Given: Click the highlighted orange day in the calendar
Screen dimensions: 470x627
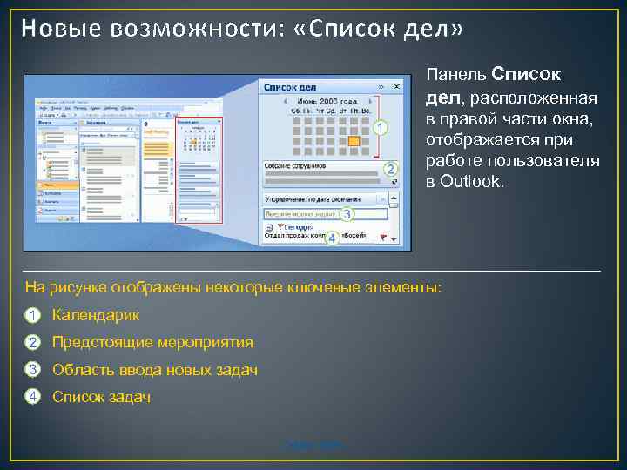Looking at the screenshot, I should coord(354,140).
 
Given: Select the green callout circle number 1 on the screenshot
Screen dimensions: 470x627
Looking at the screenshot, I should coord(381,128).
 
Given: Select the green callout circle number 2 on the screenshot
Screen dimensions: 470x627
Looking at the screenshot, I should coord(391,169).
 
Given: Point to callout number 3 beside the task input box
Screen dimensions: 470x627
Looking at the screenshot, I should coord(347,213).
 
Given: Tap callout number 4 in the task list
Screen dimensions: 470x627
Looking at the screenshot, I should coord(332,237).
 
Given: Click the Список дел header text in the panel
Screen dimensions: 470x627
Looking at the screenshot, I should coord(290,87).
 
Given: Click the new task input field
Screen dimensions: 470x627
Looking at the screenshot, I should coord(305,213).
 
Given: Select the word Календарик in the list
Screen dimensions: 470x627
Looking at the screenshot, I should coord(96,315).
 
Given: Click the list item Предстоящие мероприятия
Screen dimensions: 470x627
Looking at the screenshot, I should coord(152,342).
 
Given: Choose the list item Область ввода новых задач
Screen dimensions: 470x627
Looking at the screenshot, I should coord(155,370).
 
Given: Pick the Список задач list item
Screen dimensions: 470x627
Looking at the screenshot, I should coord(101,397).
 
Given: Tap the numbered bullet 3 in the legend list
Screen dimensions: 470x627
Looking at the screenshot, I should coord(32,370).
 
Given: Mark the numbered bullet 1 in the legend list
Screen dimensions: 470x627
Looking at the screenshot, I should coord(32,315).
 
